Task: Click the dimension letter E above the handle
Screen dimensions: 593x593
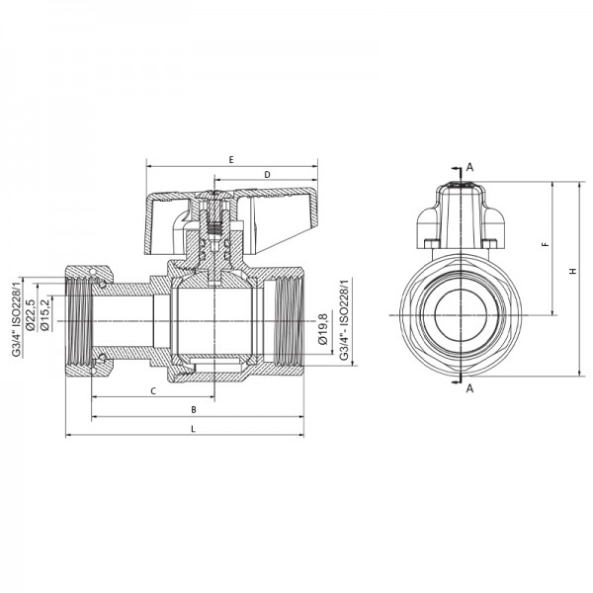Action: tap(230, 159)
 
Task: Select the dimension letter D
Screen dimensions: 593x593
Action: tap(267, 175)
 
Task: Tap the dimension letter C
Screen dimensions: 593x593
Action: tap(153, 391)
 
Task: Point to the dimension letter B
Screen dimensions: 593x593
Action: tap(194, 408)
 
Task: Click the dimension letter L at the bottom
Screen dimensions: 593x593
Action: tap(194, 428)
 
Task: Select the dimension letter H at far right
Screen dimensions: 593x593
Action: tap(573, 273)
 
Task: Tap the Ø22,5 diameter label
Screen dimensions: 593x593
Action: tap(31, 314)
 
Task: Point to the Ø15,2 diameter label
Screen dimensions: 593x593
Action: tap(44, 315)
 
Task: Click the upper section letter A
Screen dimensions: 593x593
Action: tap(470, 167)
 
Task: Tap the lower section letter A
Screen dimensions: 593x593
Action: tap(470, 388)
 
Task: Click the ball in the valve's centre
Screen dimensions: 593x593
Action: tap(212, 315)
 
